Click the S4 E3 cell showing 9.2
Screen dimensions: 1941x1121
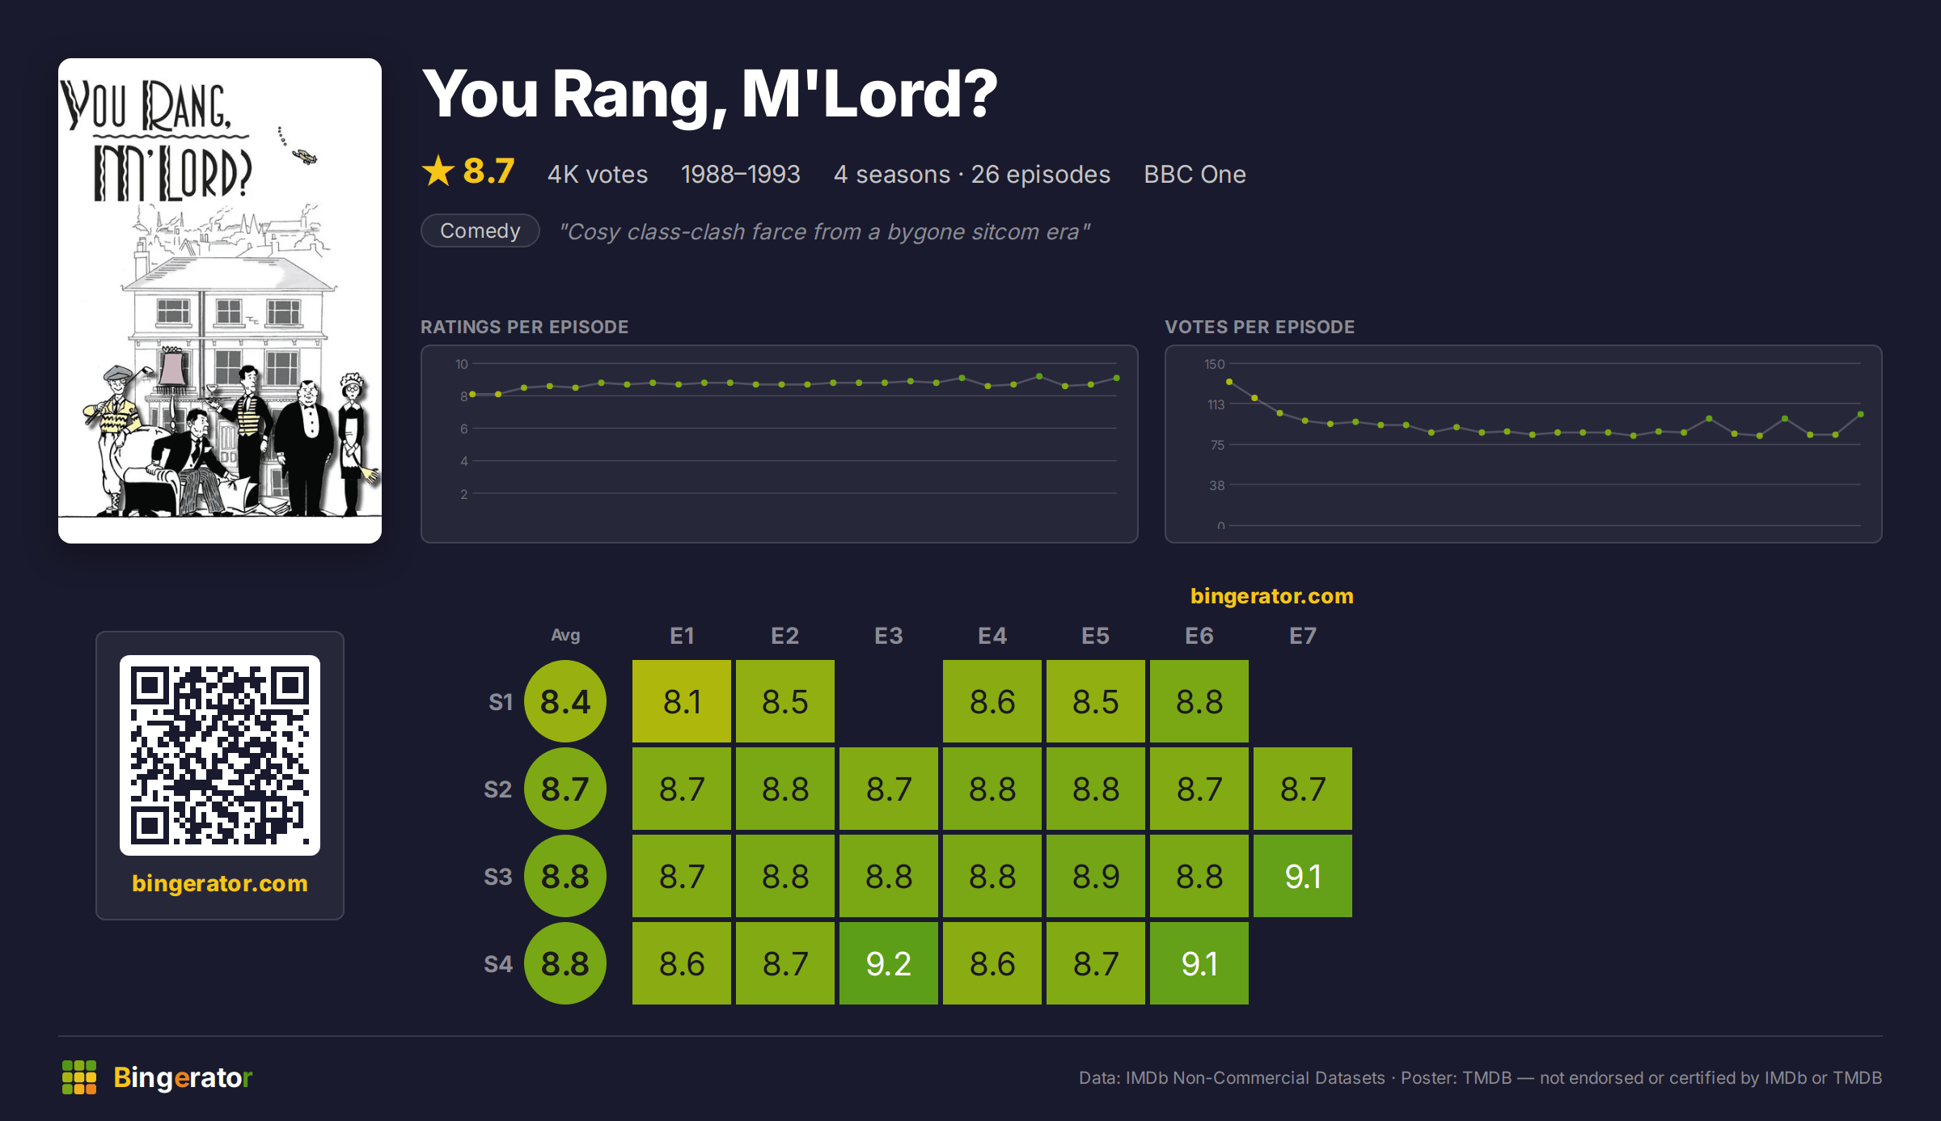pos(888,963)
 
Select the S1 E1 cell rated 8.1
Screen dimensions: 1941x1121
pos(681,701)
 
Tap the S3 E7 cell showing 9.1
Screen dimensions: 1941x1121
pos(1302,876)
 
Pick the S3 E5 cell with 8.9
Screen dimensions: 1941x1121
pos(1095,876)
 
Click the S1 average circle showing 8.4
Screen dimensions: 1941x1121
pos(565,701)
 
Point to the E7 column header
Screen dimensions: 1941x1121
pos(1302,636)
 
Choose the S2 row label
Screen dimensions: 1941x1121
pos(497,789)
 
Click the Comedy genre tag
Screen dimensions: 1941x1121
pos(480,231)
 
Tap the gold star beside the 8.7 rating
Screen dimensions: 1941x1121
pos(438,171)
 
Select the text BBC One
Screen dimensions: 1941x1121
pos(1195,174)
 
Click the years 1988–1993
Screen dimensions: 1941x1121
pos(740,174)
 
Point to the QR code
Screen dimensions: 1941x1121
pos(220,755)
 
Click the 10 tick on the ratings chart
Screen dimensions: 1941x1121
pos(462,364)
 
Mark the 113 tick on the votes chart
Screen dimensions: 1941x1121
pos(1216,404)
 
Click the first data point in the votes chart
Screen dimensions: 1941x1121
pos(1229,382)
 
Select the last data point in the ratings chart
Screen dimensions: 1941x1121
pos(1117,378)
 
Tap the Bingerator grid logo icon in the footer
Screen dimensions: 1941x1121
pos(79,1077)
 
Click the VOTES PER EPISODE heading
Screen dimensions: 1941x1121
pos(1259,327)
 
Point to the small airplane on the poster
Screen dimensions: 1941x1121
pos(304,155)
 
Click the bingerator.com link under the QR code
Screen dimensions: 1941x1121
pos(220,883)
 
